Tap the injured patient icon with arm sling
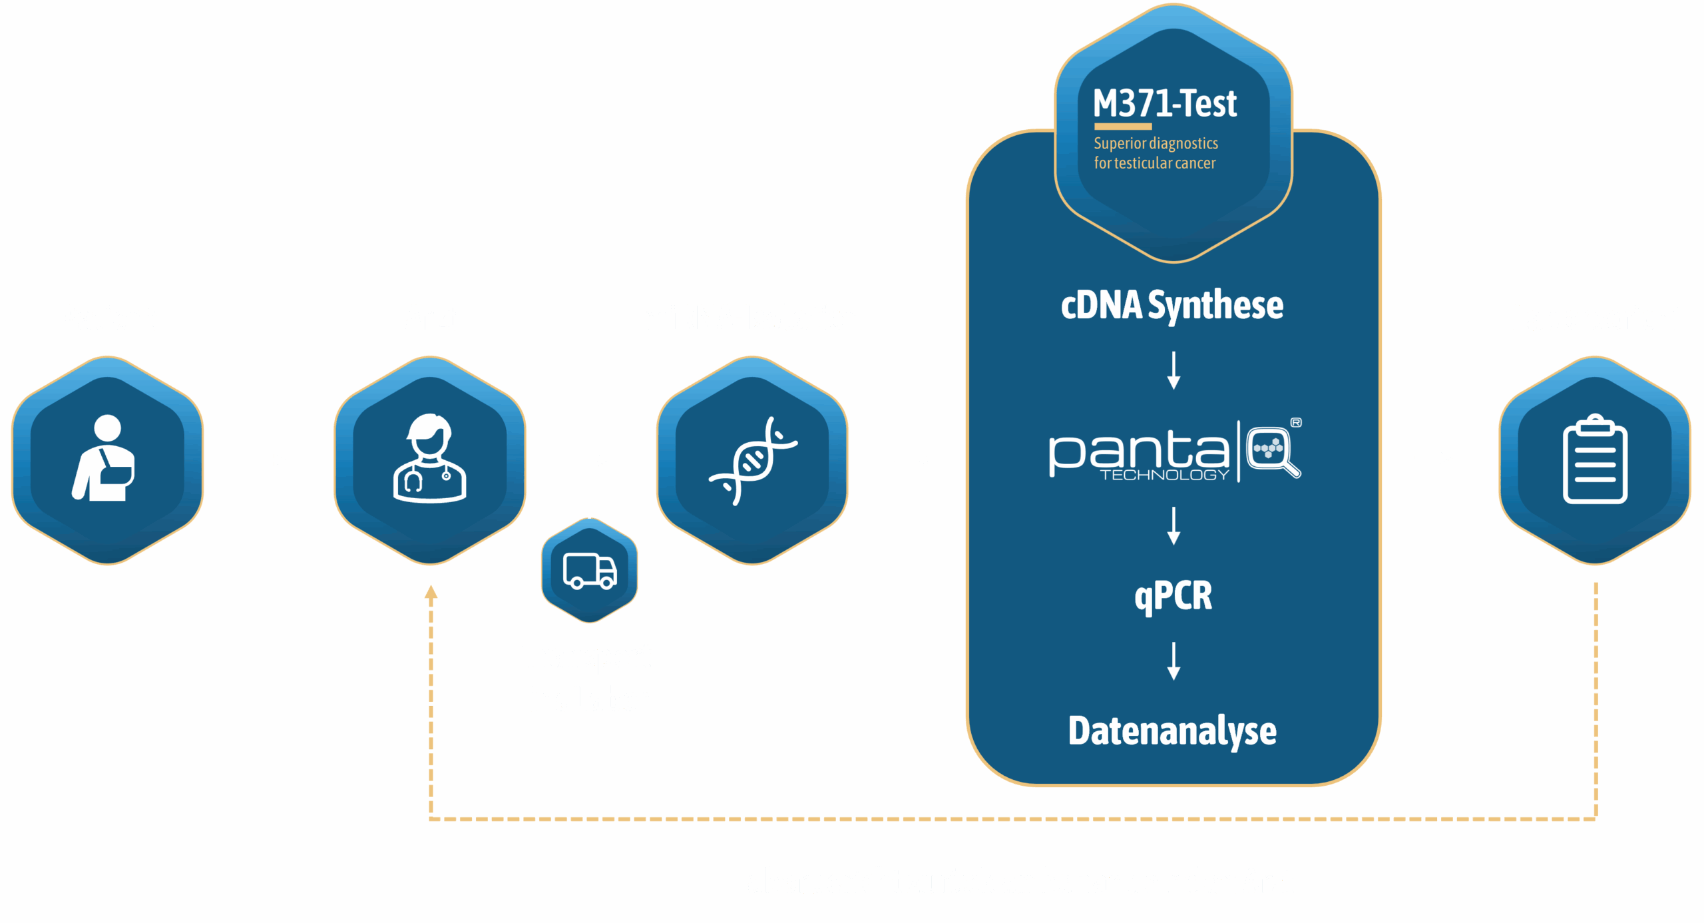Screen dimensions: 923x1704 [x=105, y=459]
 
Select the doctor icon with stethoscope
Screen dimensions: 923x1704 [x=430, y=459]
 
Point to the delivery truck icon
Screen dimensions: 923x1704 [x=590, y=571]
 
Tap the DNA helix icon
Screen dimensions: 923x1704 [x=753, y=460]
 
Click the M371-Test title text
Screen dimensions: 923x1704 [x=1165, y=104]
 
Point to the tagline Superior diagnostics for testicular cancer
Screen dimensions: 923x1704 [x=1156, y=153]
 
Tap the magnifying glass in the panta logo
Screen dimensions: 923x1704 [x=1273, y=451]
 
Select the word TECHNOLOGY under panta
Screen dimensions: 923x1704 [x=1164, y=475]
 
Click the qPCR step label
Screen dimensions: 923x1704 [x=1173, y=595]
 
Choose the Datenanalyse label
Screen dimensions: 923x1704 [x=1172, y=731]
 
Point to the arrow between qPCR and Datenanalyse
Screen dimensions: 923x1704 [x=1174, y=661]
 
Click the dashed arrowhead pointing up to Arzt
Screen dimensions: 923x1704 [x=431, y=593]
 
